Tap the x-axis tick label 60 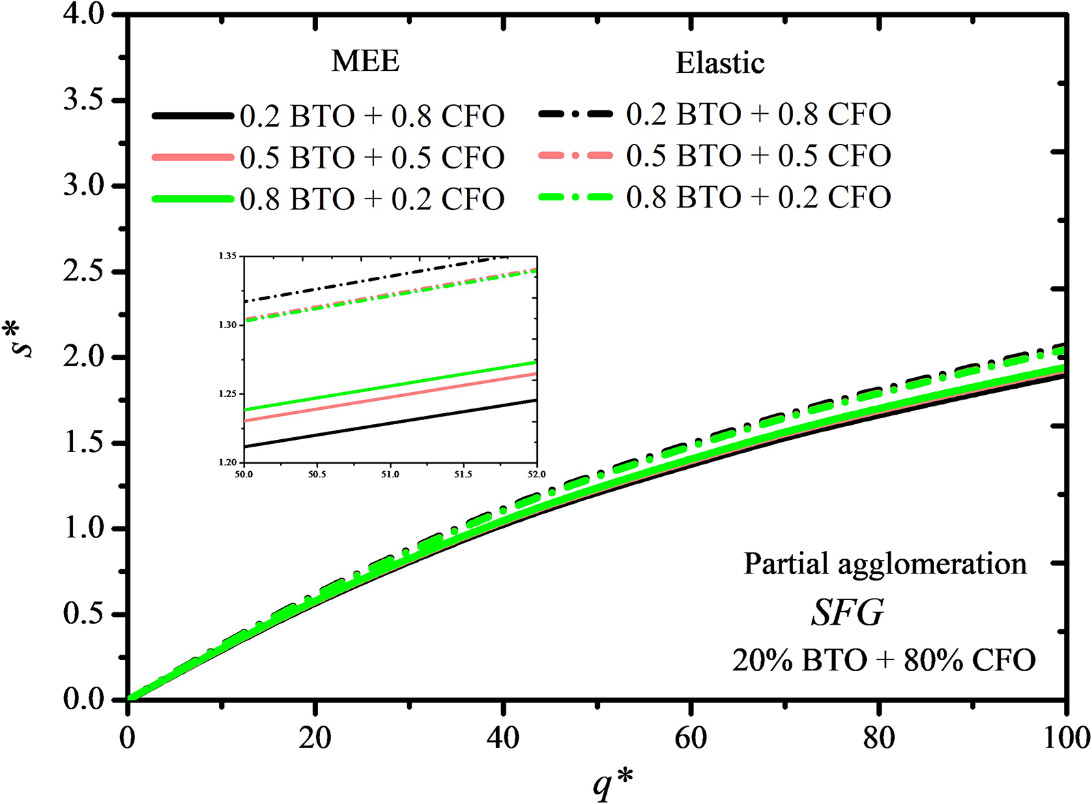pos(691,739)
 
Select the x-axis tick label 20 pos(315,739)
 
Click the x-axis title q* pos(614,783)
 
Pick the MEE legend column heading pos(366,62)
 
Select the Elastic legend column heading pos(720,63)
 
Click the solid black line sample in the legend pos(193,116)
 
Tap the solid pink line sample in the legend pos(193,157)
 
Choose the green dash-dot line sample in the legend pos(575,197)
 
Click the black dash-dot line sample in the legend pos(575,114)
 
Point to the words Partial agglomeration pos(885,565)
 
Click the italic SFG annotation pos(848,612)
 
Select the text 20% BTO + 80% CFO pos(883,661)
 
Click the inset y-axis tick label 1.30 pos(227,325)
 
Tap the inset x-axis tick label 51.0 pos(390,475)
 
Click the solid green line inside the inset pos(390,385)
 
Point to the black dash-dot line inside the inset pos(376,278)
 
